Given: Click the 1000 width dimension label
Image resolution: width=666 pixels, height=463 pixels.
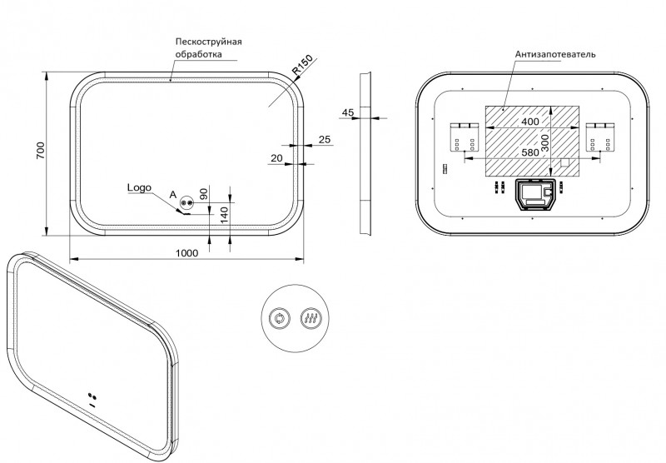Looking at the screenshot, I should point(186,253).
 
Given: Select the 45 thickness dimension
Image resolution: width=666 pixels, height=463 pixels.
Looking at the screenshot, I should point(348,112).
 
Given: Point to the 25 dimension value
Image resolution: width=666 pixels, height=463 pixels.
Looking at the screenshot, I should point(324,138).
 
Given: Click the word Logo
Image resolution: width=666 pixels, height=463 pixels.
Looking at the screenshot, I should point(139,187).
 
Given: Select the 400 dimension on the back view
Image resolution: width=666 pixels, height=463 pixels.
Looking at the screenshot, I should point(529,121).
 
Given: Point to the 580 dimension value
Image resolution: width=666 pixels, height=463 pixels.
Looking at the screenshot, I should point(529,152).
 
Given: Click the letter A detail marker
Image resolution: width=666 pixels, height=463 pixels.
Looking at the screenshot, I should point(172,193).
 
